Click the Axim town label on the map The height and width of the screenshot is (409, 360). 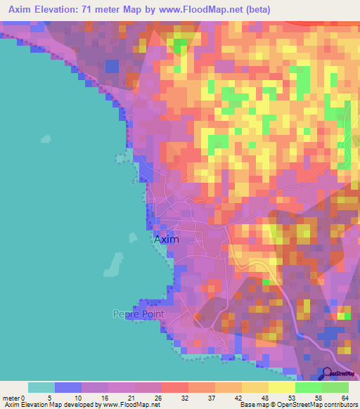(x=167, y=239)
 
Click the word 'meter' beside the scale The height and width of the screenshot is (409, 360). (x=11, y=397)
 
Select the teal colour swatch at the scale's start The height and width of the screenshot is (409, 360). (x=41, y=387)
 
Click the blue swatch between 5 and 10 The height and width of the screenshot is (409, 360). (x=68, y=387)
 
